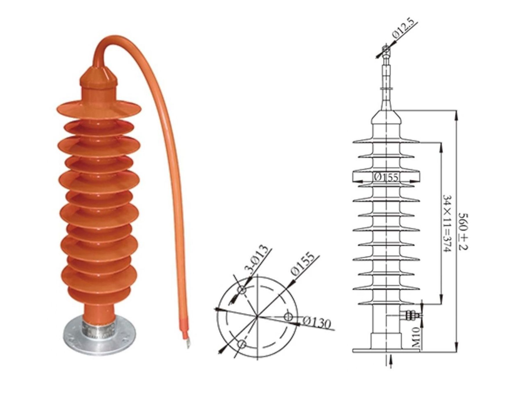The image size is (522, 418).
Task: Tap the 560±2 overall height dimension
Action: (463, 232)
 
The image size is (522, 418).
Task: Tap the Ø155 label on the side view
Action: (386, 177)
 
